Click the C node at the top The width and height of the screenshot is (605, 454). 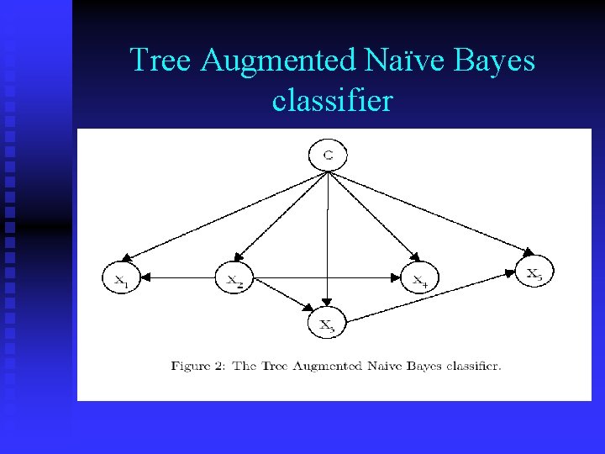[328, 156]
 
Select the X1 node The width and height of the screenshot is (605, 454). [122, 278]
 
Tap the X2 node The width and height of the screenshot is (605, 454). [234, 278]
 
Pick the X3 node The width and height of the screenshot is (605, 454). [326, 322]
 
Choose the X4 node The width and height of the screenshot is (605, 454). [419, 279]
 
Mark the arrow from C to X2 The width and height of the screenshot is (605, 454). [281, 214]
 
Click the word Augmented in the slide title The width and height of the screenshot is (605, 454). [277, 61]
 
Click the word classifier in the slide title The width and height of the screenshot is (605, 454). [332, 101]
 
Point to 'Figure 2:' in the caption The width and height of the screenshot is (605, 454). [198, 366]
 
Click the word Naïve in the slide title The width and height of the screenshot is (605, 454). [398, 61]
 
